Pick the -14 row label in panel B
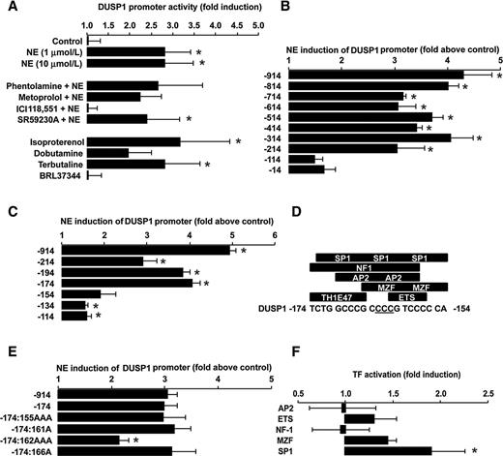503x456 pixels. [x=274, y=169]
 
